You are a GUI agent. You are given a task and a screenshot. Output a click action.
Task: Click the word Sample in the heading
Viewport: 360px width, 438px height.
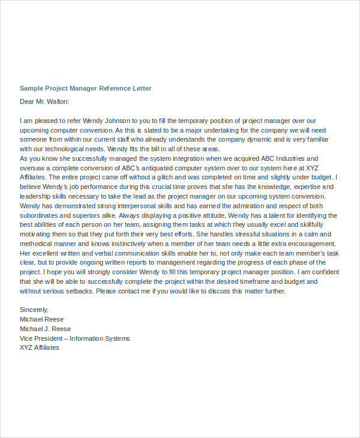pyautogui.click(x=32, y=88)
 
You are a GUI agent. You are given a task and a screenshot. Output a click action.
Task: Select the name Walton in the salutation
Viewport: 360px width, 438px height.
pyautogui.click(x=57, y=102)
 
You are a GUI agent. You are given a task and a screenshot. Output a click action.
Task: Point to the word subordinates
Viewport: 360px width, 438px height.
pyautogui.click(x=41, y=215)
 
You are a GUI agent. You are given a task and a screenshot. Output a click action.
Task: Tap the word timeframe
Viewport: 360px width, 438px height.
pyautogui.click(x=241, y=281)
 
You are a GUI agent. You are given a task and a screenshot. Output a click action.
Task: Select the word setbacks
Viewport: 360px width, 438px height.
pyautogui.click(x=78, y=291)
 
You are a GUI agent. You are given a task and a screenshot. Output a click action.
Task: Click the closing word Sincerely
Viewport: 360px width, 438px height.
pyautogui.click(x=35, y=310)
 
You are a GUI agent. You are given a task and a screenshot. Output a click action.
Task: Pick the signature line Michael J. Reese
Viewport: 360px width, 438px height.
pyautogui.click(x=45, y=329)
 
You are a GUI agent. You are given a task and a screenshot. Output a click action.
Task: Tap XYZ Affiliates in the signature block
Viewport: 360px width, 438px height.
pyautogui.click(x=40, y=348)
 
